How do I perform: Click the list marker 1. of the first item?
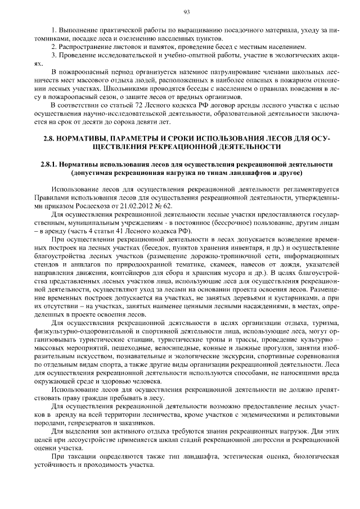[x=53, y=29]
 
